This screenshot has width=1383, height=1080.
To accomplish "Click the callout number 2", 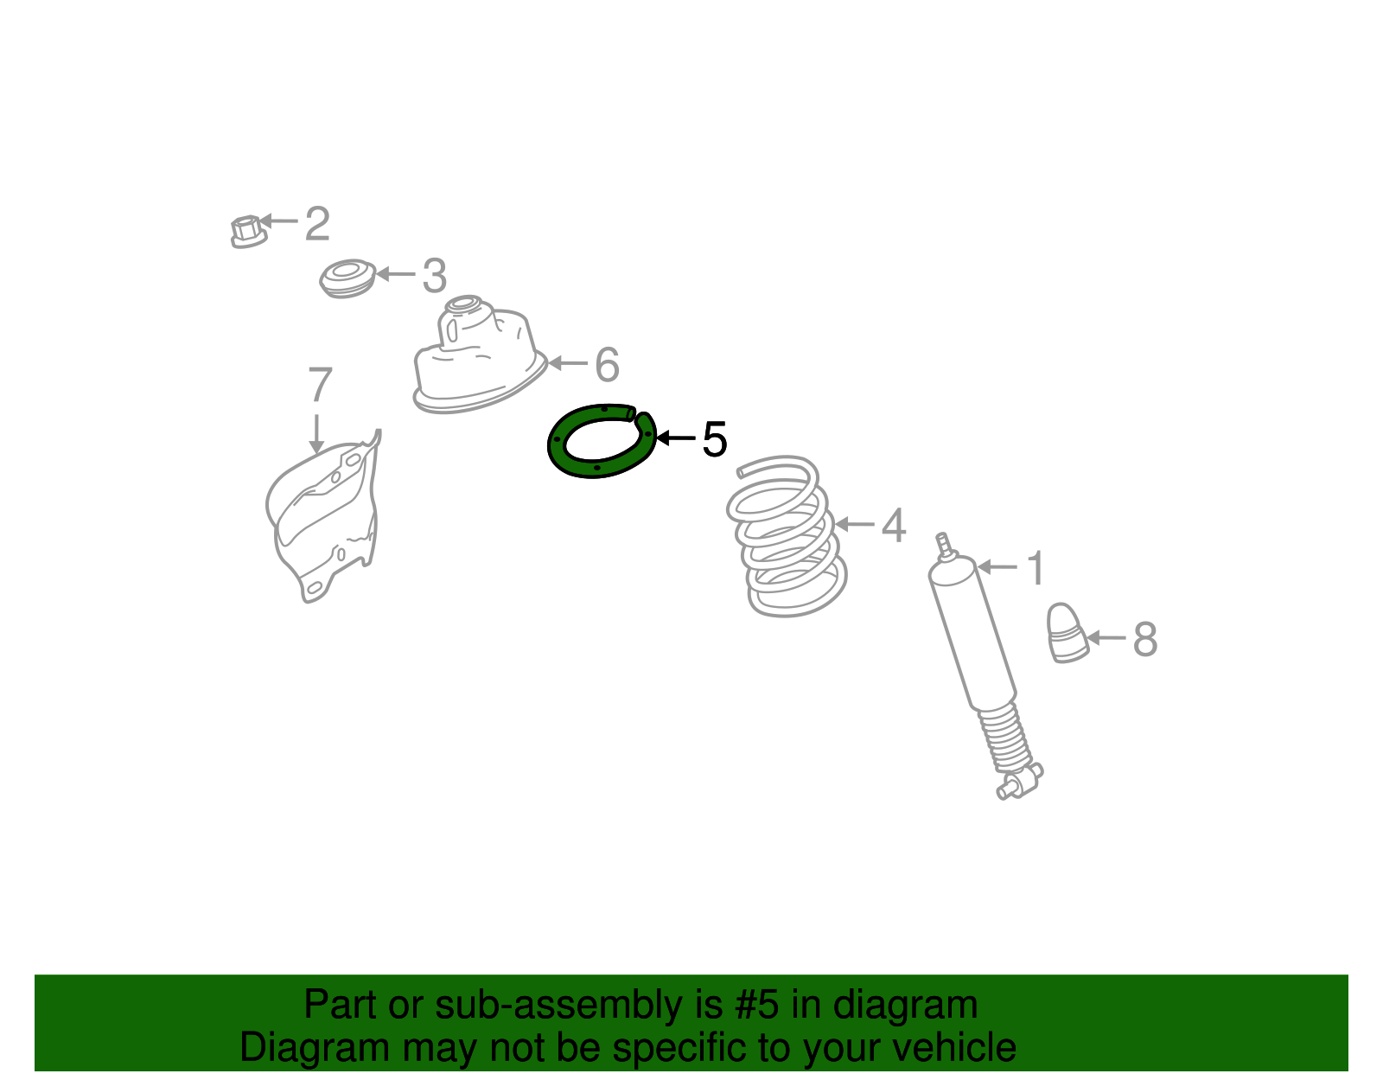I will click(317, 224).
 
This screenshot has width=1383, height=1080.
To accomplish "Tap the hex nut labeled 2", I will click(247, 232).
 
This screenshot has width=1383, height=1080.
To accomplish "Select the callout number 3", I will click(434, 276).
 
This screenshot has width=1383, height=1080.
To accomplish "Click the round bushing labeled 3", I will click(347, 278).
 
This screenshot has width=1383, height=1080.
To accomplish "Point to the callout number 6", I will click(608, 365).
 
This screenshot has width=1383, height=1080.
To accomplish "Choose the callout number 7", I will click(320, 385).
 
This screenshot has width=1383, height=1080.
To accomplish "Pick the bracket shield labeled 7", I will click(324, 519).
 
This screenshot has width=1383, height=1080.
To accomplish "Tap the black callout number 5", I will click(715, 440).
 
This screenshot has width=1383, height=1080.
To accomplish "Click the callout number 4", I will click(894, 526).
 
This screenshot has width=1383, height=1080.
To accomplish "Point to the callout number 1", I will click(1036, 569).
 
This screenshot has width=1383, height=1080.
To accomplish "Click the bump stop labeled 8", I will click(1068, 634).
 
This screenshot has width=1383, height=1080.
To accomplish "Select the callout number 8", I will click(1144, 640).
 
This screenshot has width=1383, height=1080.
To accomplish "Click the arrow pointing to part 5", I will click(676, 438).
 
